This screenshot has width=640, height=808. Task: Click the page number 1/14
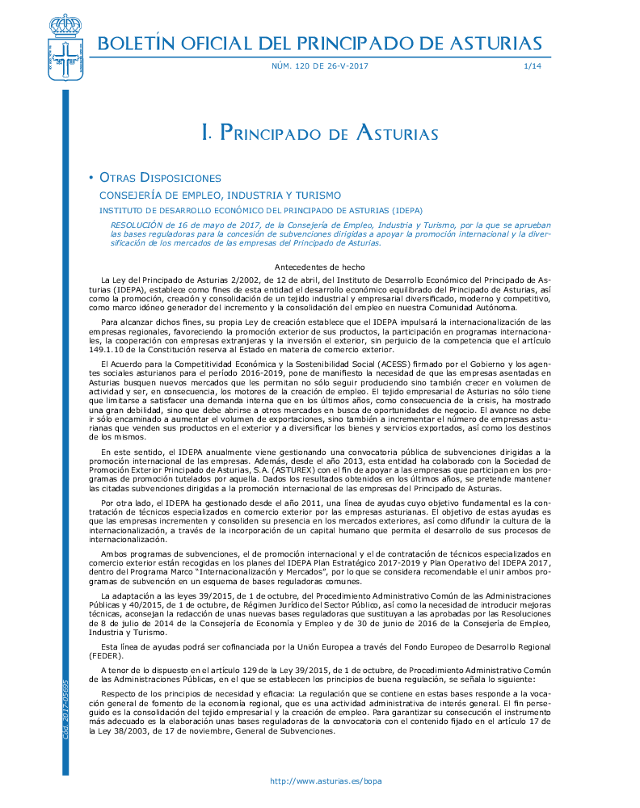coord(533,66)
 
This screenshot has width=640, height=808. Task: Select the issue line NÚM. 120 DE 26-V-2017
coord(319,66)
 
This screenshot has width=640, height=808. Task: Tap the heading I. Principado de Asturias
coord(319,133)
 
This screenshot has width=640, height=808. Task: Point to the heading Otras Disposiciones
coord(160,178)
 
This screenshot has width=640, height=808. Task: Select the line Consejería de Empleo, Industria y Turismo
coord(220,196)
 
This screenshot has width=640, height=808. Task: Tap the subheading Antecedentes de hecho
coord(319,267)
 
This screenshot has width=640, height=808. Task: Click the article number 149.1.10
coord(112,351)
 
